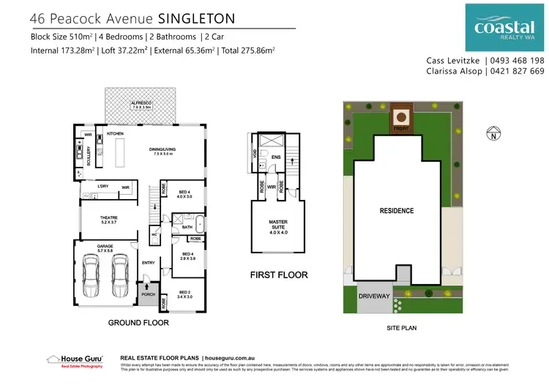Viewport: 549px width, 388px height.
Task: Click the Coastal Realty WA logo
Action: (x=504, y=27)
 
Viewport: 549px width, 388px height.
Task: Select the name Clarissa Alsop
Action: (x=455, y=71)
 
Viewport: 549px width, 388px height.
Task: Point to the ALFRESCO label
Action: (x=141, y=103)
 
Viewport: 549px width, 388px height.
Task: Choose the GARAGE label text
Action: (x=102, y=247)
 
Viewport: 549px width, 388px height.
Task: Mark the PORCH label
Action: (x=149, y=295)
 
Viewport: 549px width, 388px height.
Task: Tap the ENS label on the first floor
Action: (x=277, y=157)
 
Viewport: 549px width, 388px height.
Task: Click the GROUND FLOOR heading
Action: (x=138, y=322)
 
